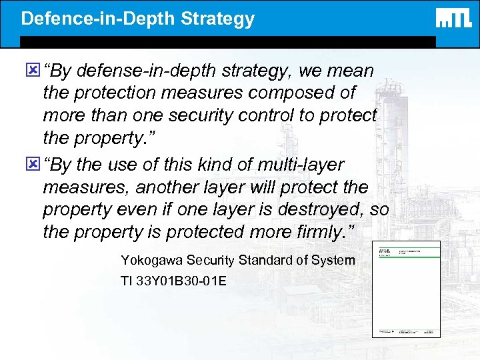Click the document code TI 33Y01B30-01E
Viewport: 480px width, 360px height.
pyautogui.click(x=173, y=281)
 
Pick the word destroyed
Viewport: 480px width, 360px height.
pyautogui.click(x=328, y=210)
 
